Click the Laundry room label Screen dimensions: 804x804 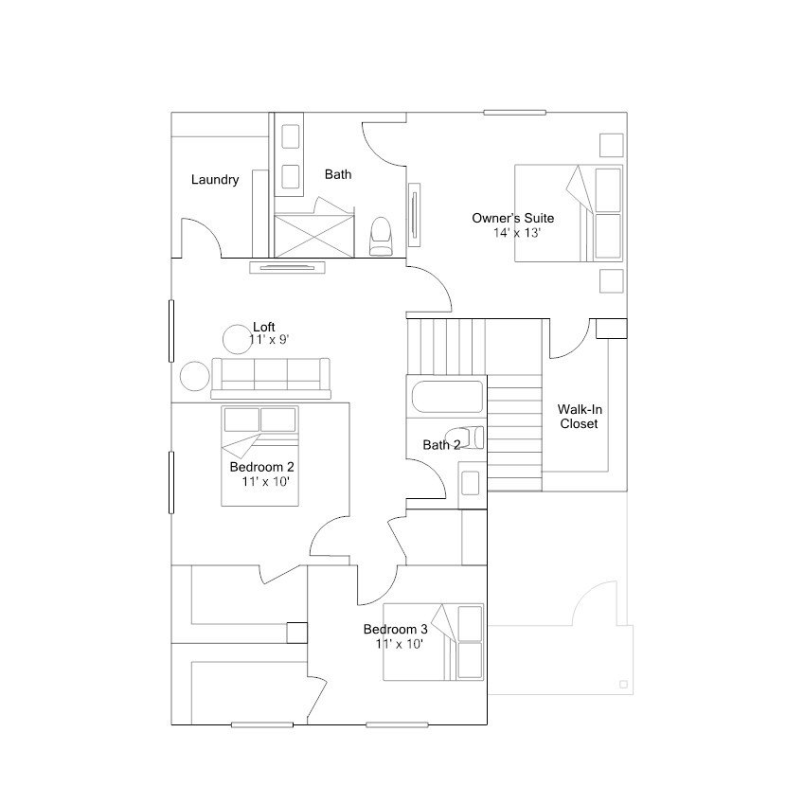[215, 180]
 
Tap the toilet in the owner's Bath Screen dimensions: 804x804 [381, 237]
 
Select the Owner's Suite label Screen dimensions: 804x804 [512, 219]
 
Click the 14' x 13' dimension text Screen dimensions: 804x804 [517, 233]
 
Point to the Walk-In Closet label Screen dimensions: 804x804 [580, 417]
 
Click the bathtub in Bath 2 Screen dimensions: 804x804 [447, 397]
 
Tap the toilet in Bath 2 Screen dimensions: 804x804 [464, 438]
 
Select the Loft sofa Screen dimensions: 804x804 [271, 379]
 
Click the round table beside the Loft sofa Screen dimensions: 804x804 [195, 376]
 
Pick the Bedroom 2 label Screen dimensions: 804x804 [261, 467]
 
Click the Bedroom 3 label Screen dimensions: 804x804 [395, 629]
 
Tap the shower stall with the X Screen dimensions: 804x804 [314, 236]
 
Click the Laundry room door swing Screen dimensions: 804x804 [202, 238]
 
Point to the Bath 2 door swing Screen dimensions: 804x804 [426, 478]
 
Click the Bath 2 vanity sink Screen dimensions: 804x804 [471, 483]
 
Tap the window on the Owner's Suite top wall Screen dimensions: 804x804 [515, 113]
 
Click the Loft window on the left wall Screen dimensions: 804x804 [171, 331]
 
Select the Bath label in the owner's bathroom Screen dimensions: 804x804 [338, 174]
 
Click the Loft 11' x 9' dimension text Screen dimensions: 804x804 [270, 339]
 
